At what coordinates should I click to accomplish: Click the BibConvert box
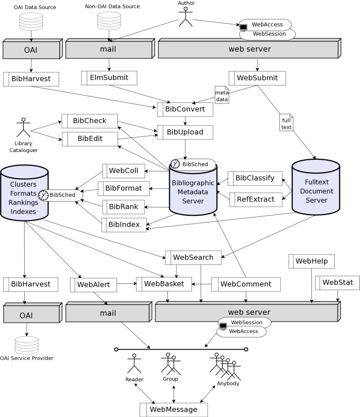pyautogui.click(x=185, y=109)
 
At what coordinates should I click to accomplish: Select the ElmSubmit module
pyautogui.click(x=109, y=78)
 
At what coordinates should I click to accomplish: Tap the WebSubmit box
pyautogui.click(x=257, y=78)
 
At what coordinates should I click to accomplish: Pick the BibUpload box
pyautogui.click(x=185, y=132)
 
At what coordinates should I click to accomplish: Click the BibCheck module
pyautogui.click(x=90, y=121)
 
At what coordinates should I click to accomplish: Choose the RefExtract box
pyautogui.click(x=255, y=199)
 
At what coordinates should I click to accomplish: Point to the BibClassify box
pyautogui.click(x=255, y=178)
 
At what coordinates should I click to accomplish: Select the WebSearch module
pyautogui.click(x=193, y=258)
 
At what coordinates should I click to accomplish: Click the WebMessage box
pyautogui.click(x=173, y=409)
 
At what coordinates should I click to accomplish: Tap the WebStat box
pyautogui.click(x=337, y=282)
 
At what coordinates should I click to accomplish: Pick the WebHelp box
pyautogui.click(x=311, y=260)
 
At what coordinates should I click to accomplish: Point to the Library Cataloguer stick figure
pyautogui.click(x=23, y=128)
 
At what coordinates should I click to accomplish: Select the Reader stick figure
pyautogui.click(x=134, y=364)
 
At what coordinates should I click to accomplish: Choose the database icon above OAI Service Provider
pyautogui.click(x=26, y=345)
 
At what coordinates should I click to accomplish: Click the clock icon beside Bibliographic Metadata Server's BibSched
pyautogui.click(x=175, y=164)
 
